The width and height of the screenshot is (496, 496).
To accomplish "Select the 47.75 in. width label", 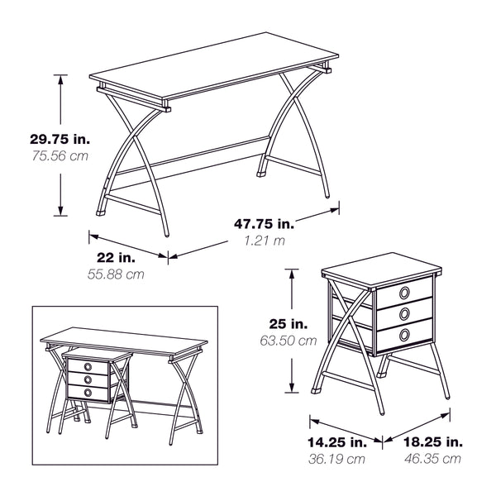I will (x=264, y=224).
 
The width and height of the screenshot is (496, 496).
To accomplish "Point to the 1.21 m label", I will (x=264, y=241).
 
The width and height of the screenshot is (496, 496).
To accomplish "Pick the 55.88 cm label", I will (x=116, y=274).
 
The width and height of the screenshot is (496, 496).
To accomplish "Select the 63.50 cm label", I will (x=286, y=340).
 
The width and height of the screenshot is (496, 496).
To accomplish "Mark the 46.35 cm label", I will (x=432, y=459).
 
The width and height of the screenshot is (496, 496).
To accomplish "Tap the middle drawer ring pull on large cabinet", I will (x=405, y=313).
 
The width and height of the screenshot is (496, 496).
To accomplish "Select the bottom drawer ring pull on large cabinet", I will (x=405, y=334).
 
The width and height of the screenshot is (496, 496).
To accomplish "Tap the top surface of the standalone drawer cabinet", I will (x=379, y=269).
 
